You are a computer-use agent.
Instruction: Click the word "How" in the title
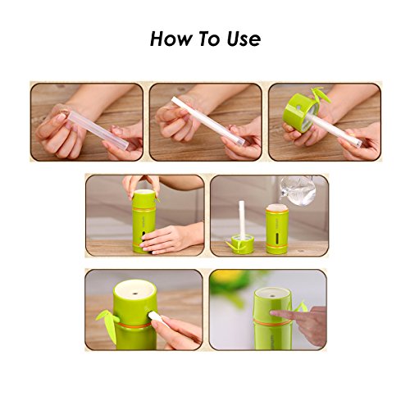point(171,39)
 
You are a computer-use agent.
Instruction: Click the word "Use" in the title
point(244,39)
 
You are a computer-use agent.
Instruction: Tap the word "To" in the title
point(208,39)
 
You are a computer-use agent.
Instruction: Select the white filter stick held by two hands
point(207,121)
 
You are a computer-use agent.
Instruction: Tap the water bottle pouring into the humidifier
point(298,190)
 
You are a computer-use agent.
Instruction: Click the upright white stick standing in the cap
point(242,220)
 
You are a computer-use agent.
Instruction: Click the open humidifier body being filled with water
point(276,229)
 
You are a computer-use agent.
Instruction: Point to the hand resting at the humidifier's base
point(166,239)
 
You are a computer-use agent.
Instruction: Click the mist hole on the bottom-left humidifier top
point(135,294)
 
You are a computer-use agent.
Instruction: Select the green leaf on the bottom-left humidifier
point(108,322)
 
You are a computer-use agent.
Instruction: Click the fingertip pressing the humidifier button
point(273,312)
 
